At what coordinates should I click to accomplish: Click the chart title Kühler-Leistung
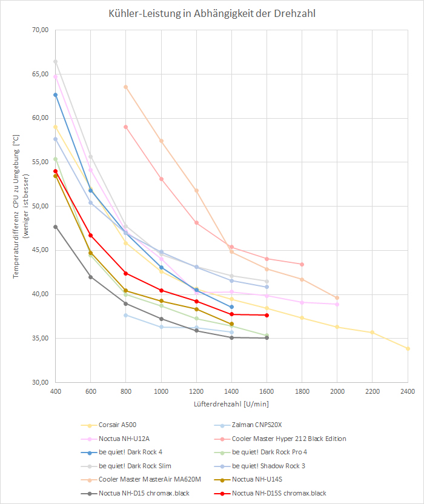211,14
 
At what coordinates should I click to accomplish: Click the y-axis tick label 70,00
39,30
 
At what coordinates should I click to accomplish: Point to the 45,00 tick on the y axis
39,250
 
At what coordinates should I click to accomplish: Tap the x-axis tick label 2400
408,391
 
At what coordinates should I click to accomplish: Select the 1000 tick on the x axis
161,391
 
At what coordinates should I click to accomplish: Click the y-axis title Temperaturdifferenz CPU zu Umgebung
16,206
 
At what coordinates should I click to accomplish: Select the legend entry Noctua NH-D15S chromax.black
279,493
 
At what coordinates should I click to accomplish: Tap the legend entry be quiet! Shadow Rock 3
270,466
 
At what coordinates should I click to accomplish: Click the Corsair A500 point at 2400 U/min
408,349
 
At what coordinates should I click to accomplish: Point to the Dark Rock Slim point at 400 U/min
55,62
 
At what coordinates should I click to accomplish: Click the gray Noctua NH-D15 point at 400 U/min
55,227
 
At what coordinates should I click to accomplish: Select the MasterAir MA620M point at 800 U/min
126,87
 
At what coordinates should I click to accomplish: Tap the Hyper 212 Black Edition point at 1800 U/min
302,264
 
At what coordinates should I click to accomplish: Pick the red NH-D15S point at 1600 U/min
267,315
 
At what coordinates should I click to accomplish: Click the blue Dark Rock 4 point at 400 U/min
55,95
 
